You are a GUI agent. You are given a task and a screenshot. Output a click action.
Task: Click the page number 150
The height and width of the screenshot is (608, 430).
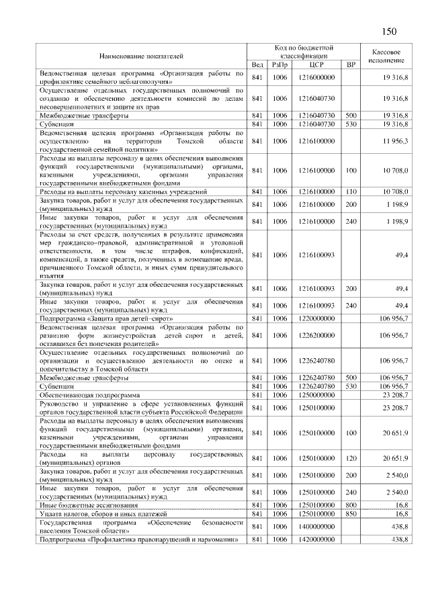click(390, 32)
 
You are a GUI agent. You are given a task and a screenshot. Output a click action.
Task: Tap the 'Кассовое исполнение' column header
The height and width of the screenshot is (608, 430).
click(386, 56)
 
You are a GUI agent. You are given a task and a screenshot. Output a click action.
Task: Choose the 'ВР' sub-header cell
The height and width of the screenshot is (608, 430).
click(350, 64)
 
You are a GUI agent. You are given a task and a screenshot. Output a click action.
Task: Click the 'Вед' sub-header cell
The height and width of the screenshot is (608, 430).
click(257, 64)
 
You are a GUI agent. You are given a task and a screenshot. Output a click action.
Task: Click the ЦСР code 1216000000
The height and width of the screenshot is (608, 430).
click(317, 78)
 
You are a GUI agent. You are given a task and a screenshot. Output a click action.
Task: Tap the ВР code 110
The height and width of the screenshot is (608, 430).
click(350, 192)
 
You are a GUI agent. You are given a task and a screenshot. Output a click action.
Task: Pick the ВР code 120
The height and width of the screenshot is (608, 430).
click(350, 476)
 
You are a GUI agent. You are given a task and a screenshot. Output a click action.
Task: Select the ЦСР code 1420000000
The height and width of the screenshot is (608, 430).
click(317, 539)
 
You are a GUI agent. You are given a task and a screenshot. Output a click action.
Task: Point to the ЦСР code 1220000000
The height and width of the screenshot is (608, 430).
click(317, 318)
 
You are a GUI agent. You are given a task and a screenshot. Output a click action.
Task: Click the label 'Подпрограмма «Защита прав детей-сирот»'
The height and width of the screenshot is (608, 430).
click(107, 318)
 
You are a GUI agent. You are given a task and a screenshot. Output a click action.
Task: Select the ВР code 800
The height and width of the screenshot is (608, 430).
click(350, 504)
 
